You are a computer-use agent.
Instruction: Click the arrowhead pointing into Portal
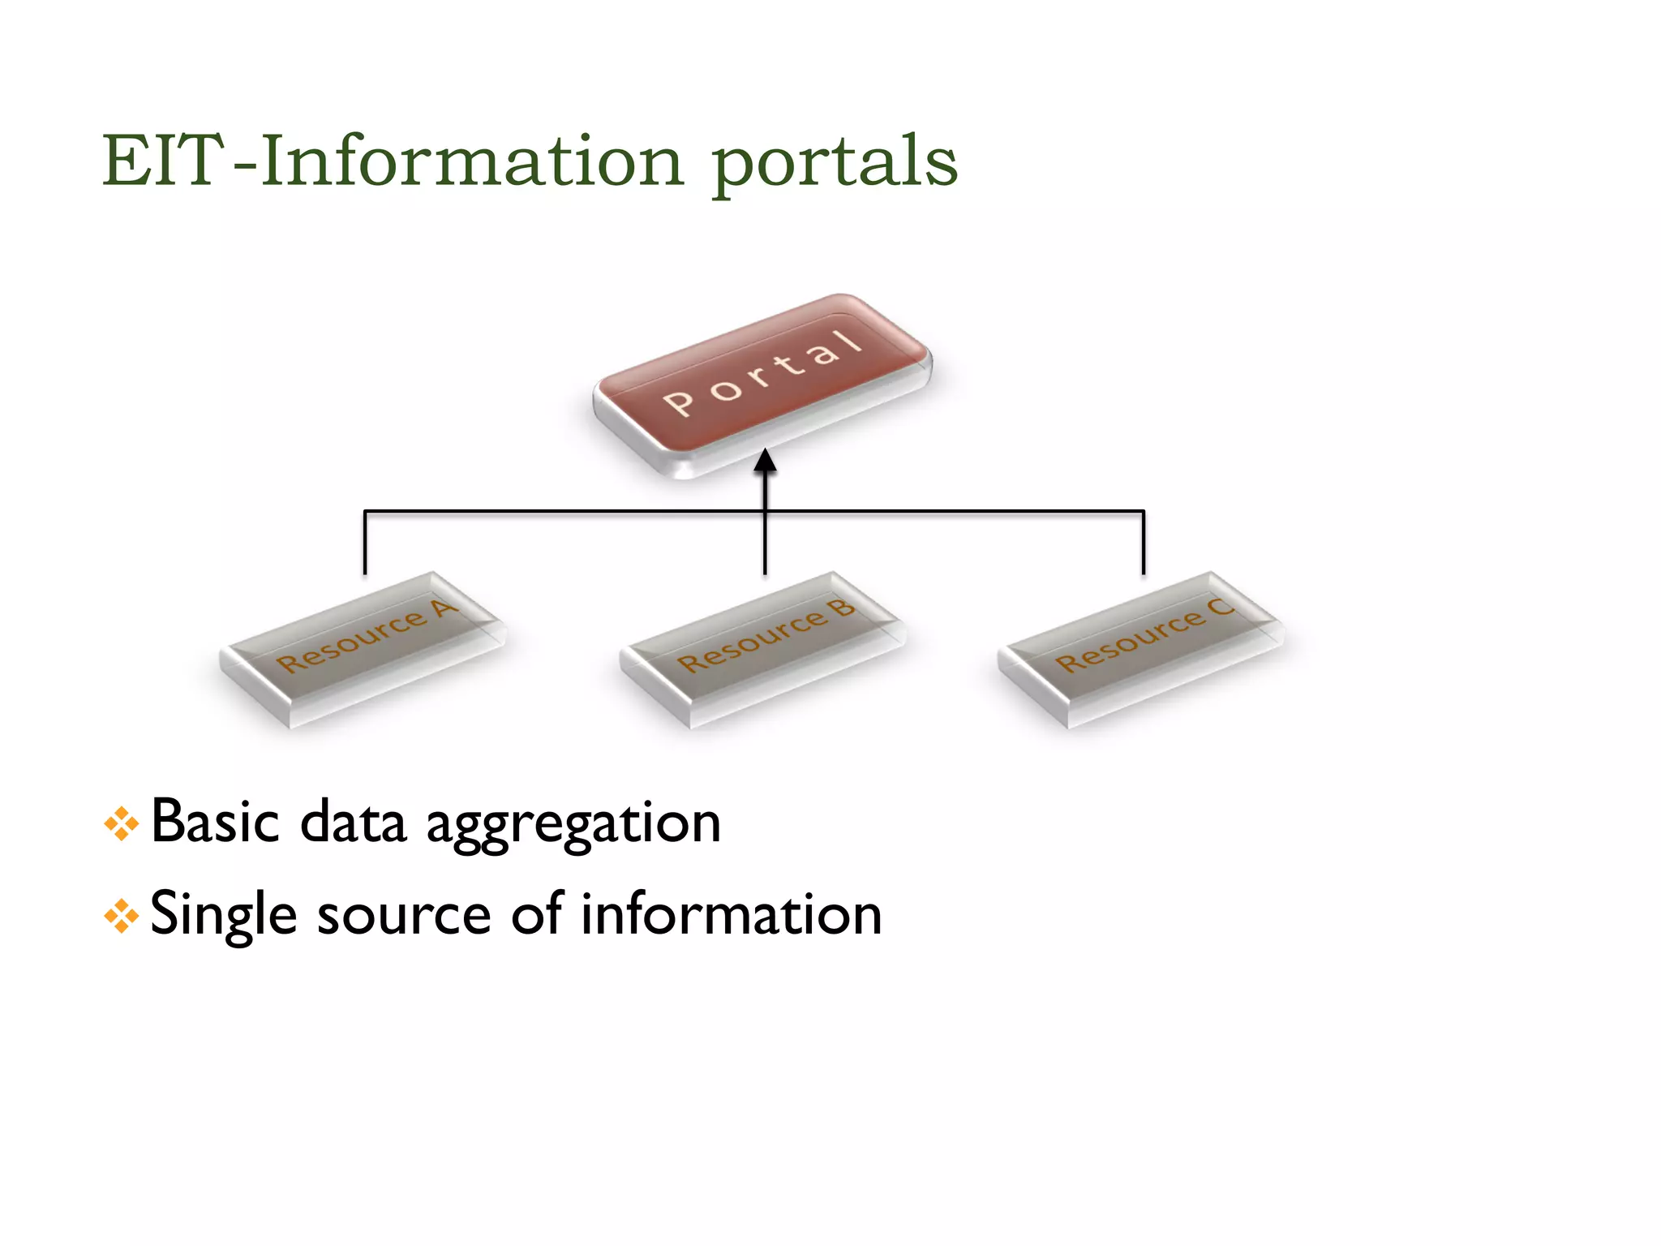coord(765,462)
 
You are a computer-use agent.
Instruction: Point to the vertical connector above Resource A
coord(365,542)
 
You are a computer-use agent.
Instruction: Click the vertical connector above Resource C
coord(1144,542)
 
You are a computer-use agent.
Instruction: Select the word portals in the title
coord(835,162)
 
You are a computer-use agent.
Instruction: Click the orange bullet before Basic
coord(122,824)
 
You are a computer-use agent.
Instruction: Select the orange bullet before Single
coord(122,917)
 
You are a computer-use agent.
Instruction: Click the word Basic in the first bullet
coord(216,823)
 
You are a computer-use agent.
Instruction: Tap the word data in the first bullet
coord(353,823)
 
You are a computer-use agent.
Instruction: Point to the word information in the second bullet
coord(731,913)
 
